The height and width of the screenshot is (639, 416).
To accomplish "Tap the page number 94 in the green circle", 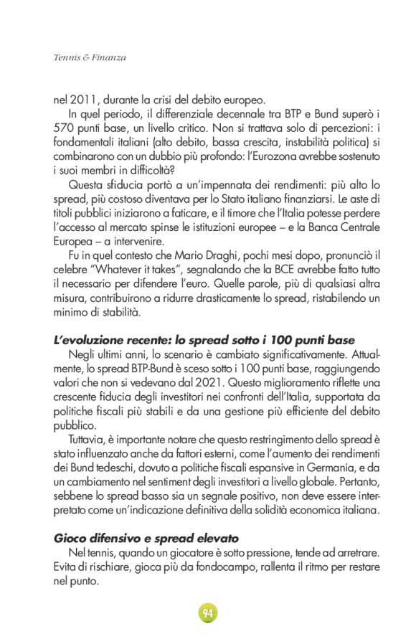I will point(207,612).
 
